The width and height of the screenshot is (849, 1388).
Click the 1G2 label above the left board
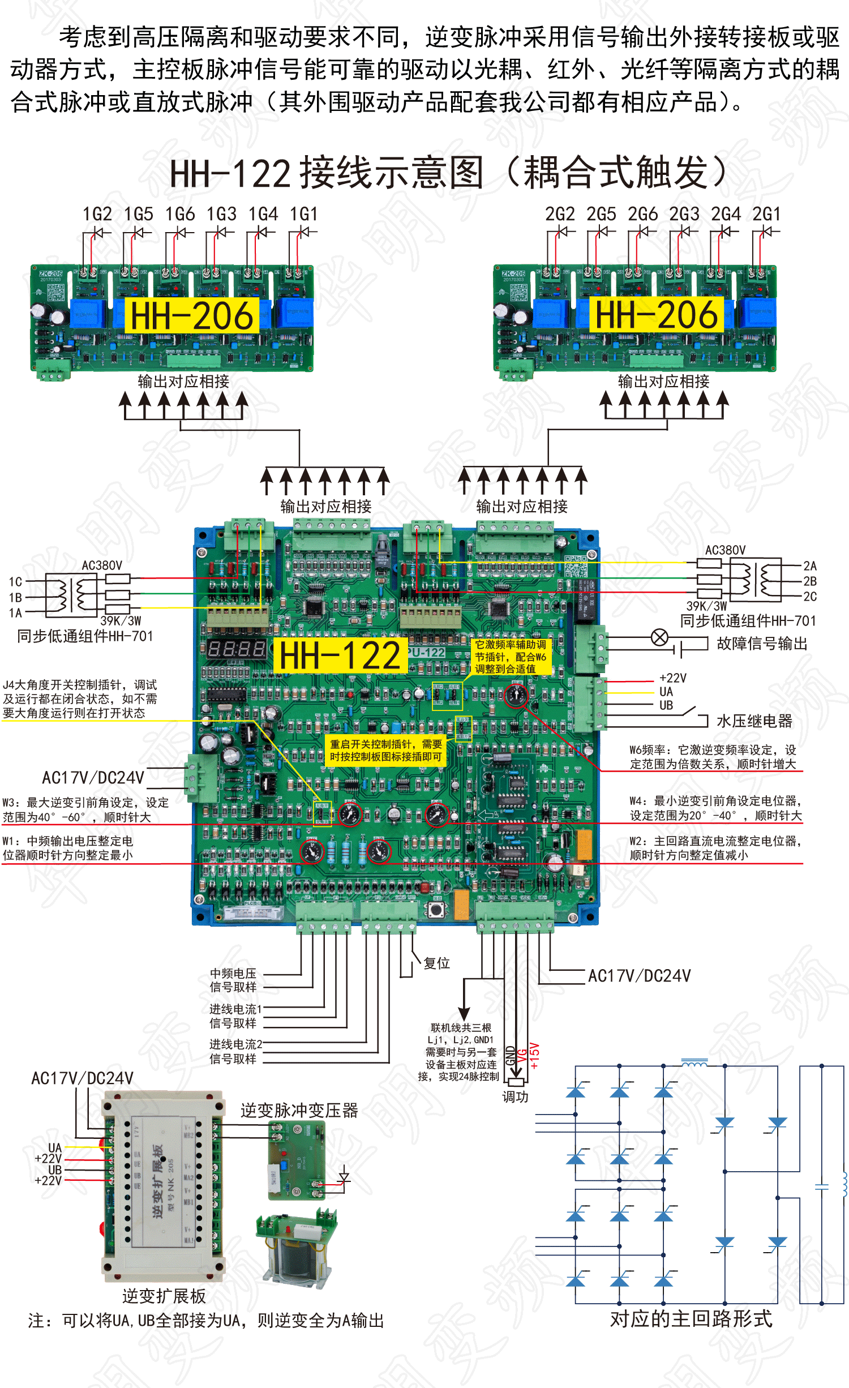coord(97,215)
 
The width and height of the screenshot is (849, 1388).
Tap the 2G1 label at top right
coord(766,215)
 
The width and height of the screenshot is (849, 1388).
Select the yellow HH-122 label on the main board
coord(340,656)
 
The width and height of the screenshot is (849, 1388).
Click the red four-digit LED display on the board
coord(236,648)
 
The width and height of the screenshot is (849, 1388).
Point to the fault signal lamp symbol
coord(659,638)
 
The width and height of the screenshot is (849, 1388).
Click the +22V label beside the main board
coord(672,678)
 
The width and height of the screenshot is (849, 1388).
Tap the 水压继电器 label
coord(754,721)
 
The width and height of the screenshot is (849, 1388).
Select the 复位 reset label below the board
coord(436,963)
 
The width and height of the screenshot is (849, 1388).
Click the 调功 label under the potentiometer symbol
coord(515,1097)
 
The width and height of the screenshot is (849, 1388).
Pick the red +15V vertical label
coord(534,1056)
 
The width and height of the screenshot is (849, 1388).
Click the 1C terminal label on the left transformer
coord(15,582)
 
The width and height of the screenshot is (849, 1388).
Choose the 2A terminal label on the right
coord(809,566)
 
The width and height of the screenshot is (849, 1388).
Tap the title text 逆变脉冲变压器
coord(299,1111)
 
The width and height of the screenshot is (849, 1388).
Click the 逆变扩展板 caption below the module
coord(164,1296)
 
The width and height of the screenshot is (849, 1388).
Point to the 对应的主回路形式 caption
coord(691,1319)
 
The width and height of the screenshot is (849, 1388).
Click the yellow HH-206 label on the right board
coord(657,315)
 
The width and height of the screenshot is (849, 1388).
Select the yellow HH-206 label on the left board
coord(192,316)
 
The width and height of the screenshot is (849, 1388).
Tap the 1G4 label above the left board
coord(263,215)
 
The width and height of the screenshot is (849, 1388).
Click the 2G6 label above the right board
coord(642,215)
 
